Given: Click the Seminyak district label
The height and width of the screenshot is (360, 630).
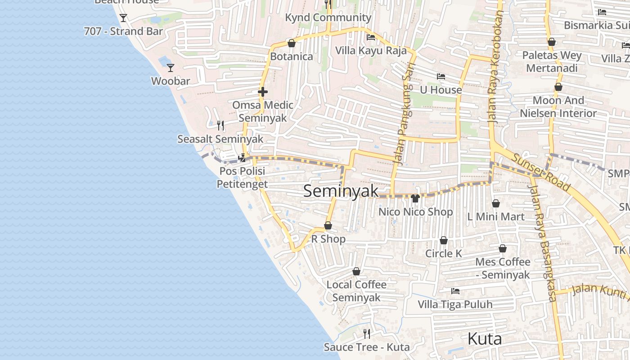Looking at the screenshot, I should [x=341, y=191].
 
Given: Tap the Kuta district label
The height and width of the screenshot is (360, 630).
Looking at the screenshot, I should [x=485, y=338].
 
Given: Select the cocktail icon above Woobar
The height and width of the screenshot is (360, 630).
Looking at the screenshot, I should [x=171, y=68].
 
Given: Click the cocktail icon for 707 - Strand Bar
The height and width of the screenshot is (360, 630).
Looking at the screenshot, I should [x=123, y=18].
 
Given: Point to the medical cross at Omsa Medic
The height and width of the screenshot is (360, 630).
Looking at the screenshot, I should [x=263, y=92].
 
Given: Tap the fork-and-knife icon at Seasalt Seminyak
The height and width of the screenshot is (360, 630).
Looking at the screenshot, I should [x=220, y=125].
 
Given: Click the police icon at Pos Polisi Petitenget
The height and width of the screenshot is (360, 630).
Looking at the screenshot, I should [x=242, y=158].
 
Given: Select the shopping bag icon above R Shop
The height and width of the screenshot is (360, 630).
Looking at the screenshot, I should [x=328, y=225].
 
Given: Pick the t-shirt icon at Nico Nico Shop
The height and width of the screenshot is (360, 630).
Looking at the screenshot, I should [x=415, y=198].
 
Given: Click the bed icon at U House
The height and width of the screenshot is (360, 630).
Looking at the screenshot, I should [x=441, y=76].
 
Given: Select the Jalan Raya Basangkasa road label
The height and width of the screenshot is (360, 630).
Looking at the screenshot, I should [x=544, y=245].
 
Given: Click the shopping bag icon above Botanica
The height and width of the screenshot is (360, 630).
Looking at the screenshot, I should [x=291, y=43].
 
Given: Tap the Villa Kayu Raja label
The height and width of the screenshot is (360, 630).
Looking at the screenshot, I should [x=371, y=50].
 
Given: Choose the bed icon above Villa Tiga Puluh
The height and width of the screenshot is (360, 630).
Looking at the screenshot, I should [x=455, y=291].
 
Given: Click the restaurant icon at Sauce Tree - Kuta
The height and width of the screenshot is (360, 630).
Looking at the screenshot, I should [x=367, y=333].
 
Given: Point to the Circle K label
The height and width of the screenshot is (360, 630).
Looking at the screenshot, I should [x=444, y=253].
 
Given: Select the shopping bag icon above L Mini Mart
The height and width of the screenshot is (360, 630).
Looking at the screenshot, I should [x=496, y=203].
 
